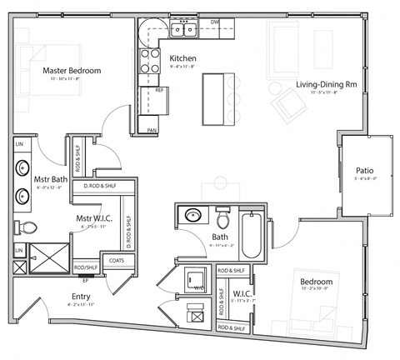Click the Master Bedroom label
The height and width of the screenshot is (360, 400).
(x=72, y=71)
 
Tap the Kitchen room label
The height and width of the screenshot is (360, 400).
(x=182, y=57)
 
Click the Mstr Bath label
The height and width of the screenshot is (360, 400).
(x=49, y=178)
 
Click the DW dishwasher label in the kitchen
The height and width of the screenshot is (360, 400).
(x=215, y=22)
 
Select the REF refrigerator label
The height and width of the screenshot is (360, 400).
(x=159, y=90)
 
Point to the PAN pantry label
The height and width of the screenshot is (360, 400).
(x=152, y=130)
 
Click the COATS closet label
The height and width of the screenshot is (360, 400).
(x=116, y=260)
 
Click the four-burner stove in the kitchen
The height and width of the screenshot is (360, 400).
(x=150, y=60)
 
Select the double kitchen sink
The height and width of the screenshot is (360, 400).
(x=184, y=32)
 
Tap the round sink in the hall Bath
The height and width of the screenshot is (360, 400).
(x=194, y=216)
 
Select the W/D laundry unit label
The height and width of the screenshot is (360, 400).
(x=198, y=287)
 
